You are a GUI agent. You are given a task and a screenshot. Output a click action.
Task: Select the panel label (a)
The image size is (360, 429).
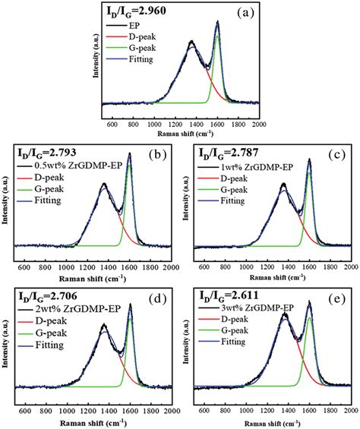coord(245,13)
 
